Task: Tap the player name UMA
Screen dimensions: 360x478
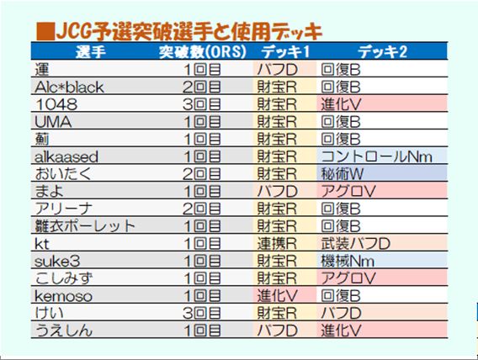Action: click(x=52, y=121)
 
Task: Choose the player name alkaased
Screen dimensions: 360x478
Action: click(x=67, y=156)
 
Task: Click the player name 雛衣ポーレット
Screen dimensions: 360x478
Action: click(x=85, y=226)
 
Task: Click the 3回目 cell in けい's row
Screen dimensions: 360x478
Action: click(x=201, y=313)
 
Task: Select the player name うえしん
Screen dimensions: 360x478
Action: click(x=66, y=331)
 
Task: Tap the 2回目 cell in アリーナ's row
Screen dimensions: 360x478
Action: click(x=201, y=209)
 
